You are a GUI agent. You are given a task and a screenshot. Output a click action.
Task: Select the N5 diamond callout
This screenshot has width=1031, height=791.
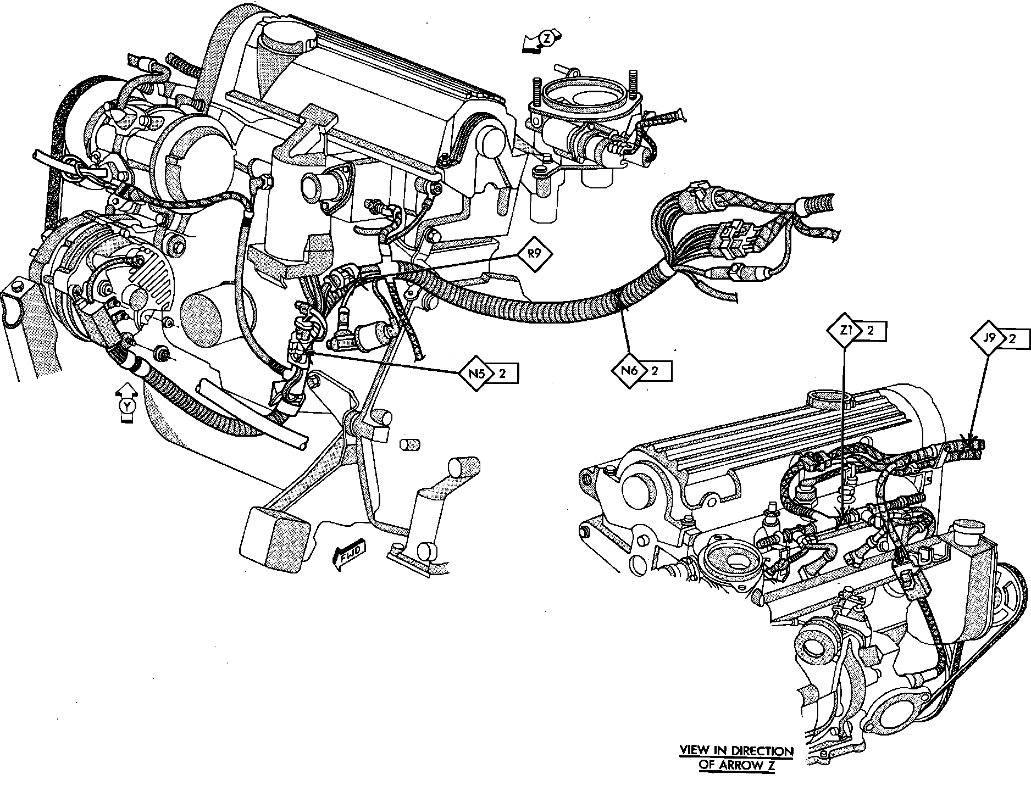pos(476,374)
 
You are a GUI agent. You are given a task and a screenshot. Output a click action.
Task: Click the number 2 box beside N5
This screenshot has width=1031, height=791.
pos(501,374)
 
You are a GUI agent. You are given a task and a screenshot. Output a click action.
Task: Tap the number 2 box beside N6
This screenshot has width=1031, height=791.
pos(655,371)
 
